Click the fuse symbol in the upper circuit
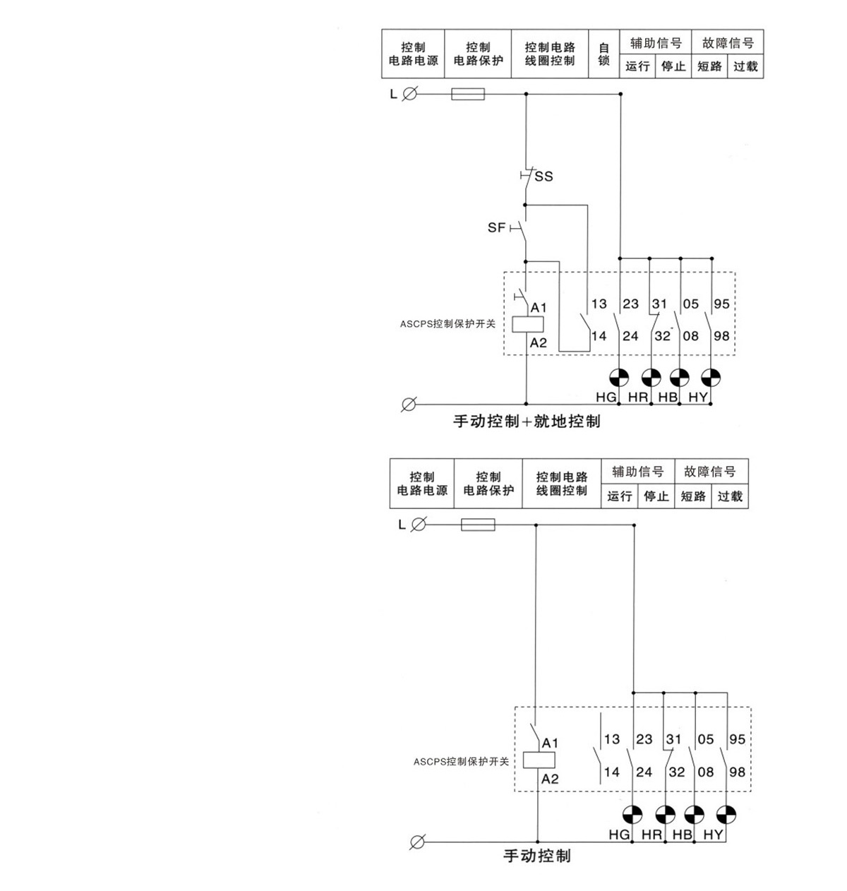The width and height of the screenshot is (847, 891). tap(467, 93)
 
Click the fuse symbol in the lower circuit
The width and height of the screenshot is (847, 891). tap(478, 525)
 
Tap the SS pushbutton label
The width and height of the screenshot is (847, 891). tap(543, 177)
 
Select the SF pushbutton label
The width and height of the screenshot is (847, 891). tap(496, 228)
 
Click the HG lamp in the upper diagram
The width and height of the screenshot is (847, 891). tap(619, 378)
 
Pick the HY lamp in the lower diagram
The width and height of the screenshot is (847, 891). tap(726, 814)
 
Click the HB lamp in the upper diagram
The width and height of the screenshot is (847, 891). tap(680, 378)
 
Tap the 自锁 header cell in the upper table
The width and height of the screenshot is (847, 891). tap(603, 54)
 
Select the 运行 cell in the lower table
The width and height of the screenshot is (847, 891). tap(620, 496)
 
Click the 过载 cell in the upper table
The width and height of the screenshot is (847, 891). tap(745, 66)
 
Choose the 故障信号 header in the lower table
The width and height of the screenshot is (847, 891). tap(709, 472)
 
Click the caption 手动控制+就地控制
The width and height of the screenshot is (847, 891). tap(527, 421)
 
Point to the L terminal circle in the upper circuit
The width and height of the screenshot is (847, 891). tap(409, 93)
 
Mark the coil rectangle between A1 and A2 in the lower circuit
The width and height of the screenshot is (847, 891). tap(539, 760)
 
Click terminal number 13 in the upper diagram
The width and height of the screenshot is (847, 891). tap(599, 304)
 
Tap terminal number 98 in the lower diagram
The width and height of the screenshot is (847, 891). tap(737, 772)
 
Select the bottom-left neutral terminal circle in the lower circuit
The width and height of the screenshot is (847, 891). tap(417, 842)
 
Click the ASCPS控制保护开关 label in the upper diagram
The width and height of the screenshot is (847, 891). tap(447, 325)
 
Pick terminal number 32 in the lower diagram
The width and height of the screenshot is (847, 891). tap(676, 772)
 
